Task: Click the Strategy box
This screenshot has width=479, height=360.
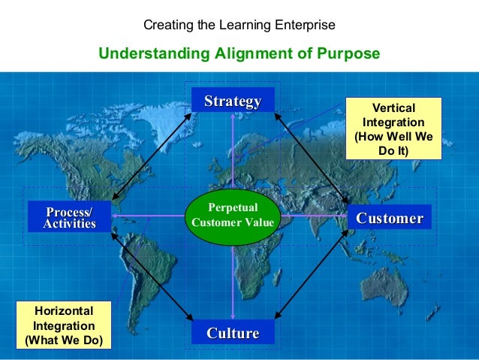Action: tap(233, 101)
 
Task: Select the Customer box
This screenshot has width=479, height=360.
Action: tap(389, 218)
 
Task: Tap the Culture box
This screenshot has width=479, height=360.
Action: tap(233, 332)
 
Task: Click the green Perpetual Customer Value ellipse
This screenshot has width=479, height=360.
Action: tap(233, 215)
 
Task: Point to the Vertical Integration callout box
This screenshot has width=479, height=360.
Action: tap(393, 127)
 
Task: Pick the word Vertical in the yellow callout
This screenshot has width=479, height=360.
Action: tap(393, 107)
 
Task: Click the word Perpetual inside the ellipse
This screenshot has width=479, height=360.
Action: tap(233, 207)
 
